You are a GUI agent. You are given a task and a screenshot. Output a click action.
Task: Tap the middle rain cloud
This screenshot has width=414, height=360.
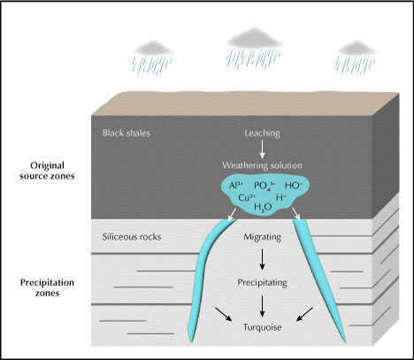(x=249, y=38)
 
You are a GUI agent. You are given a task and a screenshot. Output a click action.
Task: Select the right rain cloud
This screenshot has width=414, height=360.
(x=354, y=47)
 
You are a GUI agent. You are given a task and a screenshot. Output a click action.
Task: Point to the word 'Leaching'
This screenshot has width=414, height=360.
(x=262, y=134)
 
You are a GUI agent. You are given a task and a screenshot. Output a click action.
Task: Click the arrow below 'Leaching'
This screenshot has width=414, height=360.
(x=262, y=151)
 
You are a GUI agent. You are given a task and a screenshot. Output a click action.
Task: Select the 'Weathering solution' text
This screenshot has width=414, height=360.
(x=262, y=166)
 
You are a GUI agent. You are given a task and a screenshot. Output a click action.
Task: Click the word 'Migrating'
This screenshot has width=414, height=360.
(x=262, y=237)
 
